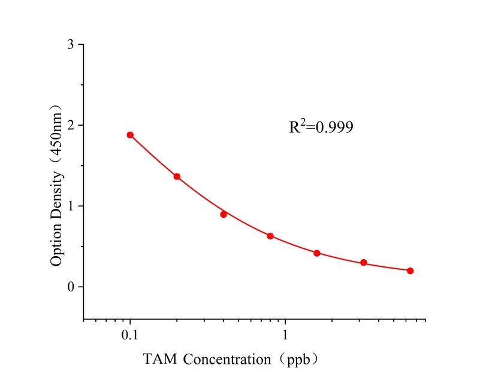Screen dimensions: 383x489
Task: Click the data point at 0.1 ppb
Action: coord(130,135)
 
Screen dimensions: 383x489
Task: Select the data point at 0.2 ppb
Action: coord(177,177)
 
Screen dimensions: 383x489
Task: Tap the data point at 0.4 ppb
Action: coord(224,214)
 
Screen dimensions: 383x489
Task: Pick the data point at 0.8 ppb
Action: coord(270,236)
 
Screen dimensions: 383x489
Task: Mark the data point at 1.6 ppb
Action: coord(317,253)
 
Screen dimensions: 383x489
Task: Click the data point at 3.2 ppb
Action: coord(364,263)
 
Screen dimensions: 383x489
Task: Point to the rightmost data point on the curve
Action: coord(410,270)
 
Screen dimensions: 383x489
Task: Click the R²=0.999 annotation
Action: coord(321,126)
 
